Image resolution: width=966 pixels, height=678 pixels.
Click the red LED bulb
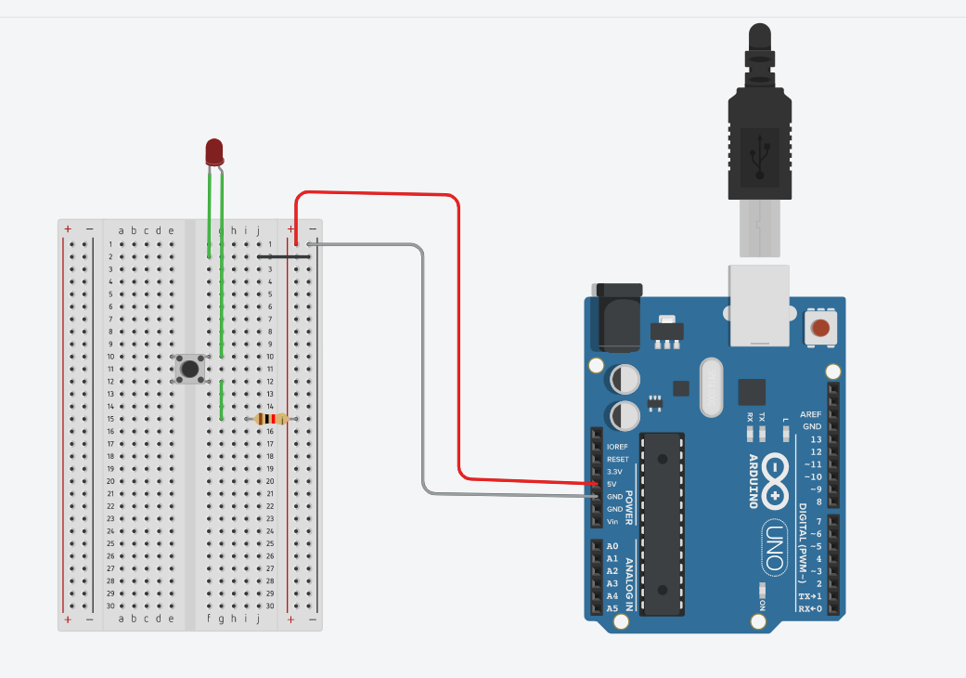[x=214, y=151]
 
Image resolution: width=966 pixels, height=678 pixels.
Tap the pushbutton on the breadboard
[x=190, y=369]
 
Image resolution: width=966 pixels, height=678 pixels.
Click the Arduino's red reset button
[x=820, y=327]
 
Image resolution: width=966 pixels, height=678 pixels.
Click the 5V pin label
[x=612, y=484]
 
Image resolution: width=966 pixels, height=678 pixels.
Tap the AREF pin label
[x=811, y=414]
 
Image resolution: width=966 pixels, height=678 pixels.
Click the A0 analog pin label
[x=612, y=546]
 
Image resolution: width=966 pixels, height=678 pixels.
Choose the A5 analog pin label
[x=612, y=608]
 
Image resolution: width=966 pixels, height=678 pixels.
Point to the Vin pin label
[x=612, y=522]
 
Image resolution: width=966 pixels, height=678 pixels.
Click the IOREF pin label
[x=617, y=447]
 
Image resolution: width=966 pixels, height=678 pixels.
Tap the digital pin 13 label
[x=816, y=439]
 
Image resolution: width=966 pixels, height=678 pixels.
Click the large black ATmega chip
[x=663, y=524]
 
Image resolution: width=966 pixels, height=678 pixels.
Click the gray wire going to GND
[x=423, y=372]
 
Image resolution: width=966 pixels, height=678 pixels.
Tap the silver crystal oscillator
[x=710, y=387]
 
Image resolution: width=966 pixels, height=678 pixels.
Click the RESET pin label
[x=617, y=460]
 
